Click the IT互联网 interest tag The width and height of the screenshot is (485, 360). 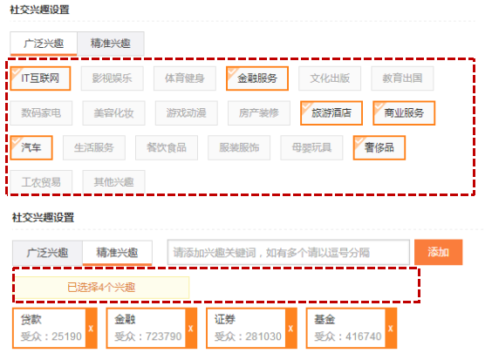click(40, 78)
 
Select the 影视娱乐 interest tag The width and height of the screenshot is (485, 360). click(113, 78)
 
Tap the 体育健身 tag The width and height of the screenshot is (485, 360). click(185, 78)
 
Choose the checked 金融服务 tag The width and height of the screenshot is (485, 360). click(257, 78)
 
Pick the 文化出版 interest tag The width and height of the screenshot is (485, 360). click(330, 78)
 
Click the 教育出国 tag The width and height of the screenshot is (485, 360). click(402, 78)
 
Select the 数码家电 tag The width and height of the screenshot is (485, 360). click(41, 113)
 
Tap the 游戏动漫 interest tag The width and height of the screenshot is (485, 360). click(186, 113)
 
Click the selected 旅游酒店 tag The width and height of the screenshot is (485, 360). click(331, 113)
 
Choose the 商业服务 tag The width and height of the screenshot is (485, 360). click(404, 113)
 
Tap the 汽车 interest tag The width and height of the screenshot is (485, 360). click(31, 147)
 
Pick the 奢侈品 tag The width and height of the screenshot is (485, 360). click(379, 147)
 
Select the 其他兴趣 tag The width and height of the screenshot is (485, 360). click(113, 182)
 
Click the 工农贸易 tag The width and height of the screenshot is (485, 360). click(41, 182)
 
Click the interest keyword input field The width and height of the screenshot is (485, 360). click(289, 253)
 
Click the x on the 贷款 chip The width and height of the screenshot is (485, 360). click(91, 328)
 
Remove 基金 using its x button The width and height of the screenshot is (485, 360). click(391, 328)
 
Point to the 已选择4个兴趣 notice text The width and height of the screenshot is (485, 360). click(101, 288)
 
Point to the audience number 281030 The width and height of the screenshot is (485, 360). click(263, 336)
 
